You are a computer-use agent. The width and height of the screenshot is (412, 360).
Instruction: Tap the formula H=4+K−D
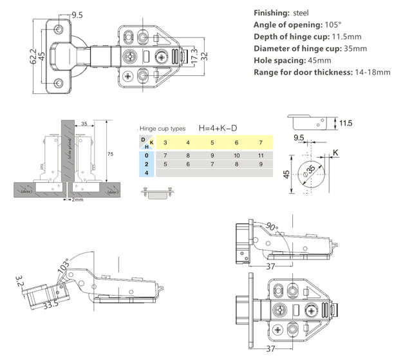[x=221, y=128]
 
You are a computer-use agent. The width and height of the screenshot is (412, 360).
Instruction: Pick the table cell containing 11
[x=261, y=156]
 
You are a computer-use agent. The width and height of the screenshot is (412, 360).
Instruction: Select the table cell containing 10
[x=236, y=156]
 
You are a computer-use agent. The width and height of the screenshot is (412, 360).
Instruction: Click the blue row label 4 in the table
[x=147, y=173]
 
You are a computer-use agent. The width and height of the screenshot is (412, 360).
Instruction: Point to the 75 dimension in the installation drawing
[x=110, y=155]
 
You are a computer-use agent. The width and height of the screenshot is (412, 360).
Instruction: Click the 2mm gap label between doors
[x=78, y=200]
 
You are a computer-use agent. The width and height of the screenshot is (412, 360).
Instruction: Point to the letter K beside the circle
[x=335, y=153]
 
